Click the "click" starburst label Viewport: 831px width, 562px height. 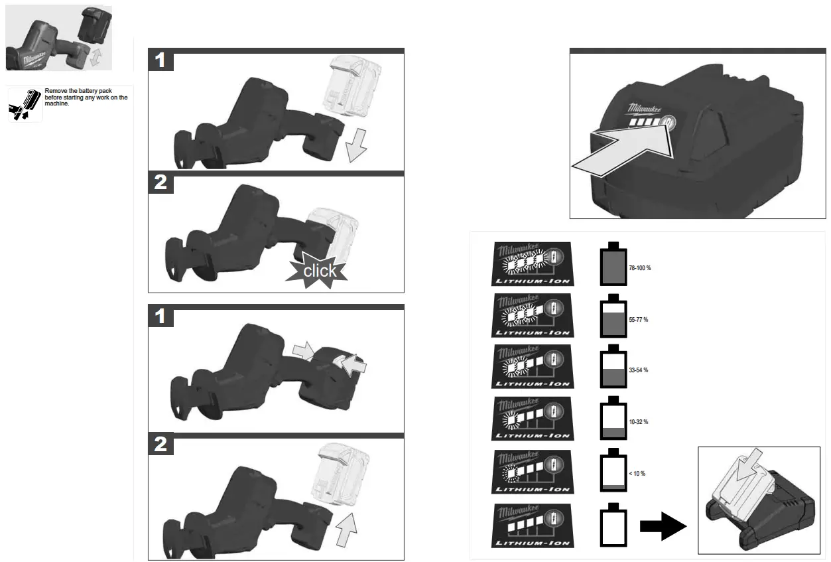[320, 270]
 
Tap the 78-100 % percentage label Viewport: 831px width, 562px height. [639, 268]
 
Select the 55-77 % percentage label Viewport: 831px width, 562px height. [638, 320]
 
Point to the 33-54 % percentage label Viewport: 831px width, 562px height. [638, 370]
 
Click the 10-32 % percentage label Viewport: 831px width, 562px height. [638, 422]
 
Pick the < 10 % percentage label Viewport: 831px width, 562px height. [636, 474]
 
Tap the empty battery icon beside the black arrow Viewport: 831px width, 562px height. [613, 526]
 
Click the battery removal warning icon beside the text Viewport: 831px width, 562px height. [25, 105]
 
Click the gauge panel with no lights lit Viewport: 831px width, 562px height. [532, 526]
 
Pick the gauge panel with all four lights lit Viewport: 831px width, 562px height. [532, 264]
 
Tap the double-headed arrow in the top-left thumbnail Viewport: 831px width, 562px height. [97, 56]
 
